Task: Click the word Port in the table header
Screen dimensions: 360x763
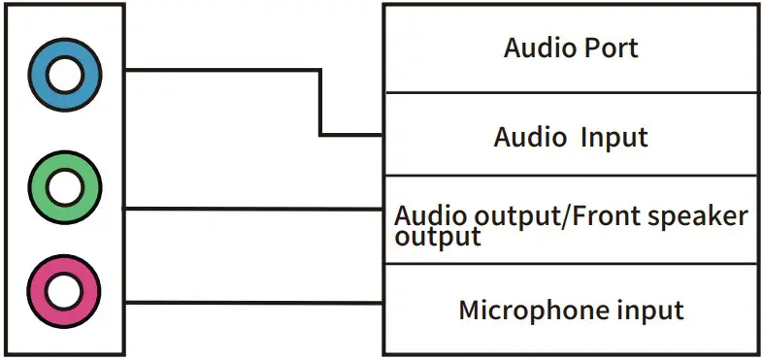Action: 608,48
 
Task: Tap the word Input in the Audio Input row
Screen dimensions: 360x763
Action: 614,137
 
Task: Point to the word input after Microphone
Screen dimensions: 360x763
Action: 651,311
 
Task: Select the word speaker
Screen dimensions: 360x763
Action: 701,216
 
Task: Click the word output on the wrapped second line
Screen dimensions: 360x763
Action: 438,237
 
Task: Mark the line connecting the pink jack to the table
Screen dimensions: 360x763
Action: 252,302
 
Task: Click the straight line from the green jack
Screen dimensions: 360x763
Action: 252,209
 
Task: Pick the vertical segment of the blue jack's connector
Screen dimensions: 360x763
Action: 320,103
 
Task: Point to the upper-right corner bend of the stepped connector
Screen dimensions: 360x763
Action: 320,70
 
